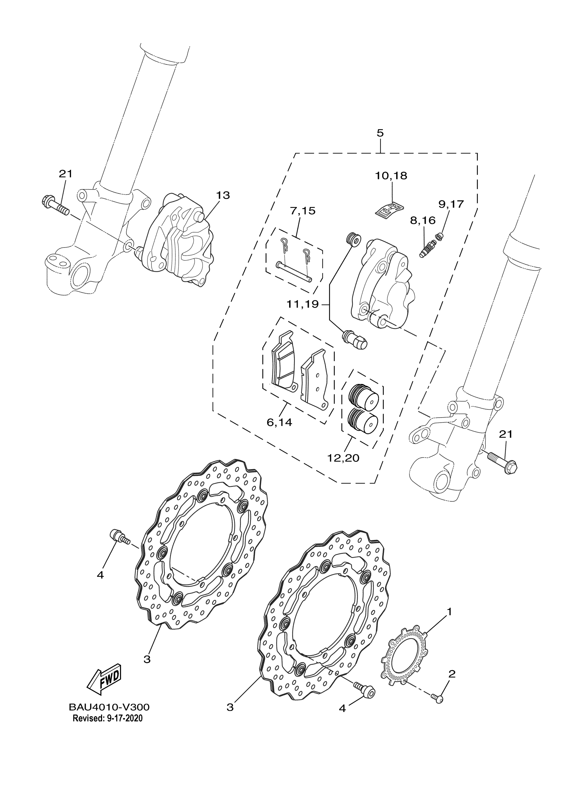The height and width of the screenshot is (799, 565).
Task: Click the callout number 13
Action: point(223,195)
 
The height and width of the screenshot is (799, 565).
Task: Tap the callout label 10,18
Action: point(391,176)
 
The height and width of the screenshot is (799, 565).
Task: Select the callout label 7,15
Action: point(302,211)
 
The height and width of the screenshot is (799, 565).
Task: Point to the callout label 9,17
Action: point(451,204)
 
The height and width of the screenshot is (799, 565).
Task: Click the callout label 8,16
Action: point(423,220)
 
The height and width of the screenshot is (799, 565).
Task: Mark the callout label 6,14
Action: point(279,423)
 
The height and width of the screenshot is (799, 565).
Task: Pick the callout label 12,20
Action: point(343,457)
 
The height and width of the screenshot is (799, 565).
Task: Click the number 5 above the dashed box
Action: point(380,133)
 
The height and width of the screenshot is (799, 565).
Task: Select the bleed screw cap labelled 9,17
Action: point(441,237)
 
